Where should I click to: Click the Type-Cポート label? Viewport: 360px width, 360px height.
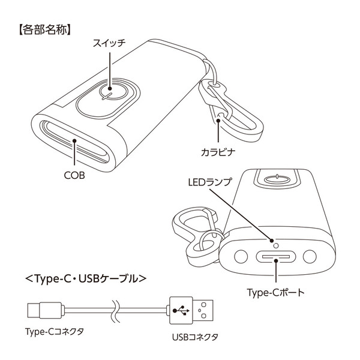[276, 293]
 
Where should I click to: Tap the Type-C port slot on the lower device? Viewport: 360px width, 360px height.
[276, 258]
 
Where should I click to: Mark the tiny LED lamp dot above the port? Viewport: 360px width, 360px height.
[275, 244]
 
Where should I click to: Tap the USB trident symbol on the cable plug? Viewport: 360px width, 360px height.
[180, 311]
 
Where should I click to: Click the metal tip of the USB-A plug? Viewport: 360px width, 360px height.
[207, 311]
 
